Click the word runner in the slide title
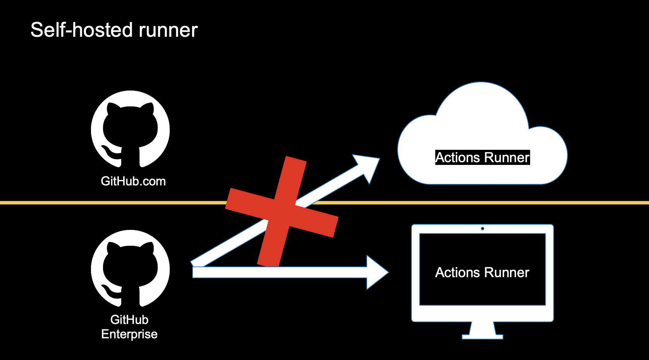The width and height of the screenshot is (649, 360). coord(168,31)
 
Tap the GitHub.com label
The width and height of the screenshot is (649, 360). coord(133,181)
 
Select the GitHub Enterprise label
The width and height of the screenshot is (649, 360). coord(129,327)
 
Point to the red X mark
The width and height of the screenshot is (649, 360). coord(282,211)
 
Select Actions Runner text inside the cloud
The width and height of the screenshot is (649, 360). coord(482,158)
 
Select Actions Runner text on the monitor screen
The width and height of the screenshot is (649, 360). coord(482,273)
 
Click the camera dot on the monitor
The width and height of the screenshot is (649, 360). coord(482,228)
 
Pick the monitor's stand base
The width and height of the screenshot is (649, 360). coord(482,336)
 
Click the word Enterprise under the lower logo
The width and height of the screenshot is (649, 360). coord(129,334)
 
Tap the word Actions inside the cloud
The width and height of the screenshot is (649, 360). coord(458,158)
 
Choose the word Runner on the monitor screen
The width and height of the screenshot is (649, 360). coord(507,273)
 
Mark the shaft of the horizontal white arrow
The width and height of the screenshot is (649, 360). coord(280,272)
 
